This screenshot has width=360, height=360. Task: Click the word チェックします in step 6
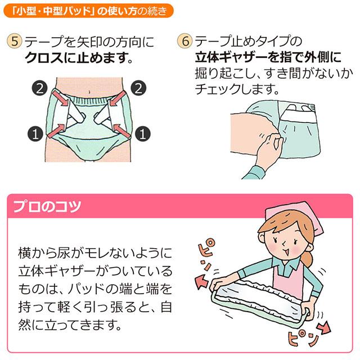tap(236, 89)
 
